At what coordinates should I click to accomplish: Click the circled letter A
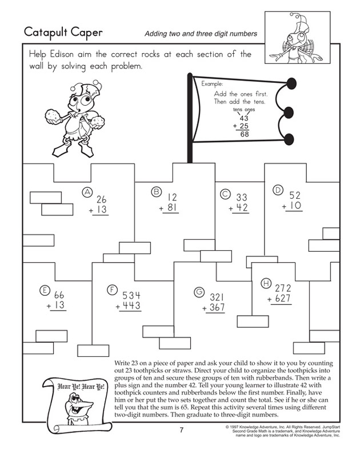87,192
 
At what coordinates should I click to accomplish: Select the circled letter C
225,194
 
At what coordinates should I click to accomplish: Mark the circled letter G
199,292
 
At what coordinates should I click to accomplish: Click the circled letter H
265,283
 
